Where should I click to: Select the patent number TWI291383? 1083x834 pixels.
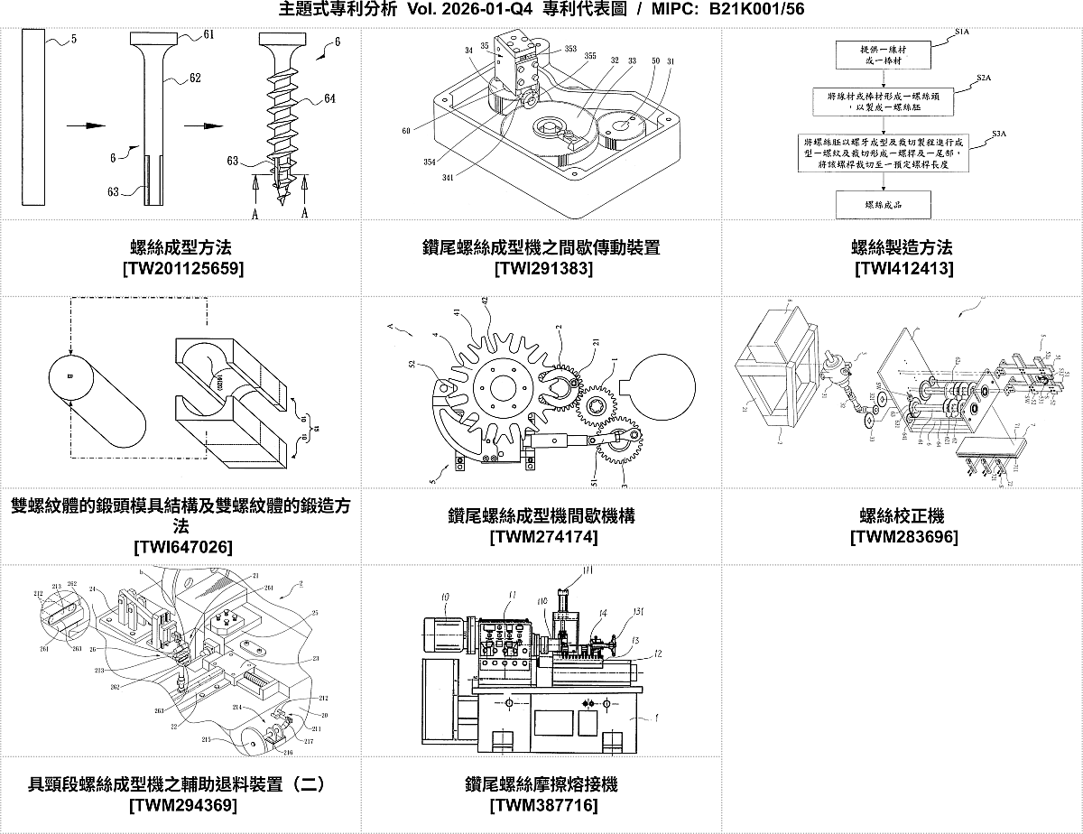click(541, 268)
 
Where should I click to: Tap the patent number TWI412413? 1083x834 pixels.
click(902, 268)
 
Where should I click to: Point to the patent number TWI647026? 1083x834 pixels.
click(181, 547)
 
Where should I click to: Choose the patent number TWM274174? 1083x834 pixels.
click(542, 537)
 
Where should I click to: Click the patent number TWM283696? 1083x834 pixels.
click(903, 537)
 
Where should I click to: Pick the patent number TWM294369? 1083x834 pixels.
click(183, 805)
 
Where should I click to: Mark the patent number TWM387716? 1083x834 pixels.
click(542, 805)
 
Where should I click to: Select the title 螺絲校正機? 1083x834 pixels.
click(902, 516)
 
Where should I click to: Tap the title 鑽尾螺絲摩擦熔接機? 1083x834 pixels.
click(541, 784)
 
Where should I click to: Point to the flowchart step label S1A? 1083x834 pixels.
click(961, 32)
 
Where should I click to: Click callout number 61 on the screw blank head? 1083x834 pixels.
click(208, 35)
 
